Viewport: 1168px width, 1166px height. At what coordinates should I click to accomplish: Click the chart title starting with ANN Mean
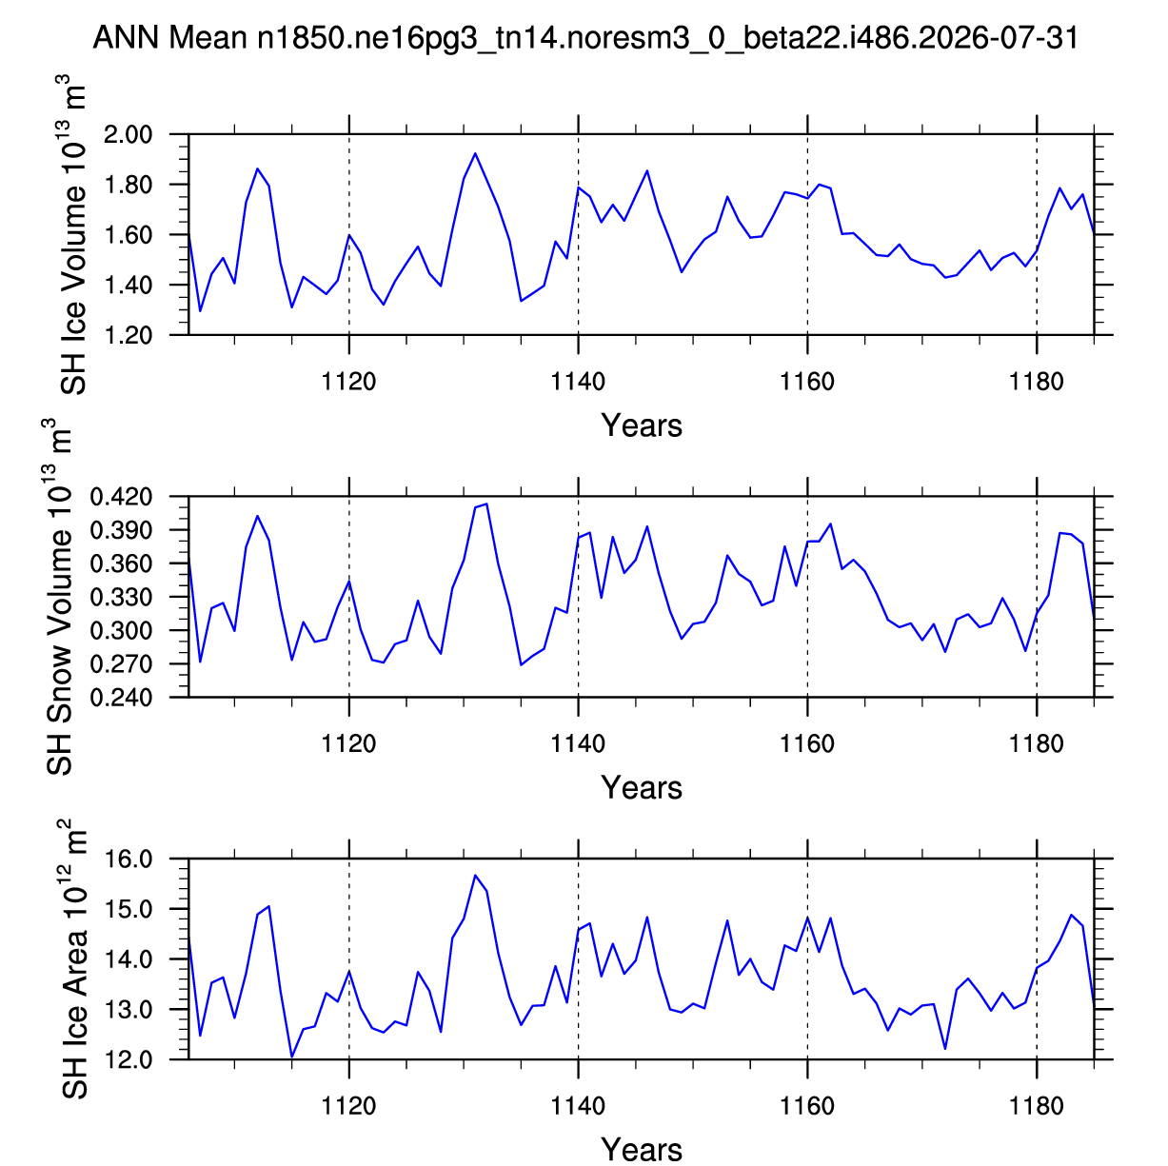point(585,38)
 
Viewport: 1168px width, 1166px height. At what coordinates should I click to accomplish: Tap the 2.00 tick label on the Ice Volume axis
point(128,134)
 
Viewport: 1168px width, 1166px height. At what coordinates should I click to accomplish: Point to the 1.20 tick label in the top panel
point(128,335)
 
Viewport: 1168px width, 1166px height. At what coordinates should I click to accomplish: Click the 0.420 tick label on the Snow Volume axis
point(121,497)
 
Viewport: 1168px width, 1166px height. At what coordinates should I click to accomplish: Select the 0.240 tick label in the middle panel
point(121,698)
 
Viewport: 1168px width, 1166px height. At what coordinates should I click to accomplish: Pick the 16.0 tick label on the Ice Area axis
point(129,860)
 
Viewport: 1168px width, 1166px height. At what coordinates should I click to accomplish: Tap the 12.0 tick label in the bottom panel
point(129,1060)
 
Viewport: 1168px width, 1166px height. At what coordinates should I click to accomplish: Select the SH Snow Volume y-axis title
point(59,597)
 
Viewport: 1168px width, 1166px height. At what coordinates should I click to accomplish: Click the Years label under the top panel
point(642,425)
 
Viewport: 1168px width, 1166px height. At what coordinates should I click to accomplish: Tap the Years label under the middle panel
point(642,787)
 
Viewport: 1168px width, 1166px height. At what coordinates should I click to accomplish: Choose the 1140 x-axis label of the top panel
point(578,382)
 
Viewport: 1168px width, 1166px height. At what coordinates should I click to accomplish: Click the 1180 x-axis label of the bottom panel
point(1036,1107)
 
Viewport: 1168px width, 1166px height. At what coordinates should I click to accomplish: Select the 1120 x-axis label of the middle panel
point(348,744)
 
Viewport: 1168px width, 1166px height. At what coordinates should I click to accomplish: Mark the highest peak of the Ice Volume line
point(475,153)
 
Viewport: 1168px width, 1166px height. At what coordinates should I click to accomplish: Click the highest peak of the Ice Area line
point(475,876)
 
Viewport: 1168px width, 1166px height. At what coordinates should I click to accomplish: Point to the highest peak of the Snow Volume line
point(486,504)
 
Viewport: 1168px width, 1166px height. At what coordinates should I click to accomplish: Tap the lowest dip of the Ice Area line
point(291,1057)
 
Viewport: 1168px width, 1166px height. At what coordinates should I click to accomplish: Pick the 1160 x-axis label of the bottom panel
point(807,1107)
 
